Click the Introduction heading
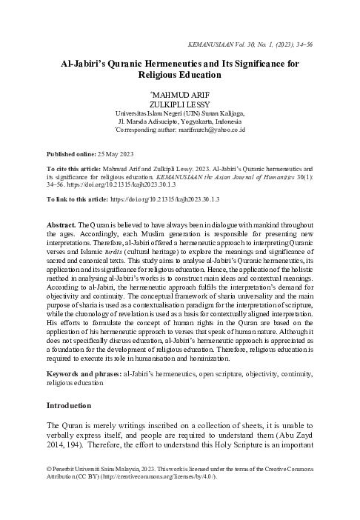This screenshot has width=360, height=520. [68, 406]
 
